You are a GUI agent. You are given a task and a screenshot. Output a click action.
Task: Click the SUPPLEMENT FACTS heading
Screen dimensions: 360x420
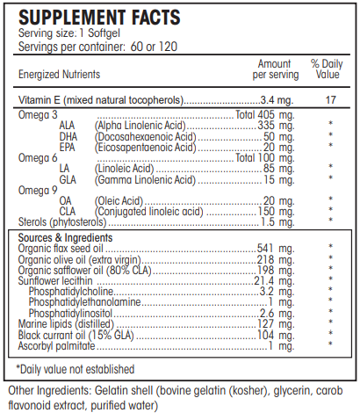99,18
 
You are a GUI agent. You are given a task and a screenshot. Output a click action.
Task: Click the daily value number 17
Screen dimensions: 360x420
330,99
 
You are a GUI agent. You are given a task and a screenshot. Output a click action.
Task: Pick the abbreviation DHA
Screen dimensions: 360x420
69,136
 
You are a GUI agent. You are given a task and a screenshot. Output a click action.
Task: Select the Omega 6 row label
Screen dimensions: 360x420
36,156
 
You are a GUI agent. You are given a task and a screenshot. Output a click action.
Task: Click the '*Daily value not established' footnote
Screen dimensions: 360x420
76,368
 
